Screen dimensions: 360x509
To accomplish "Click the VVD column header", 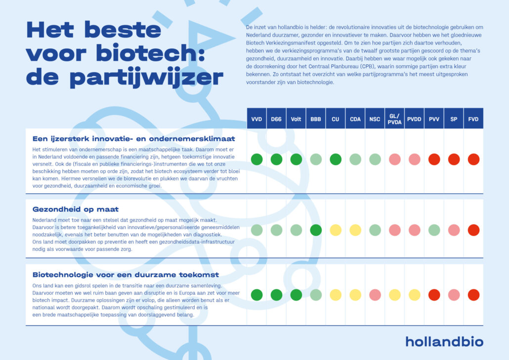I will pyautogui.click(x=256, y=119).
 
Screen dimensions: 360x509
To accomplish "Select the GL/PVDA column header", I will pyautogui.click(x=394, y=119).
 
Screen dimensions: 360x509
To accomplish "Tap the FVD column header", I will pyautogui.click(x=473, y=119).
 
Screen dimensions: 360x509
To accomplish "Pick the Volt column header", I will pyautogui.click(x=296, y=119).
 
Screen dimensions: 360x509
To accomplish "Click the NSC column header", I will pyautogui.click(x=375, y=119).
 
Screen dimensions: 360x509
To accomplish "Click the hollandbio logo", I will pyautogui.click(x=444, y=341).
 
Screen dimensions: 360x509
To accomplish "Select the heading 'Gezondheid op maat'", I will pyautogui.click(x=76, y=209).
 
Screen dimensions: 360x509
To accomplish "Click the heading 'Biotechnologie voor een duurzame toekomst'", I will pyautogui.click(x=126, y=274).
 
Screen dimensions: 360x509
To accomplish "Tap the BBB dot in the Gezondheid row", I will pyautogui.click(x=316, y=230).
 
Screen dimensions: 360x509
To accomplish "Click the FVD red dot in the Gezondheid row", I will pyautogui.click(x=473, y=230).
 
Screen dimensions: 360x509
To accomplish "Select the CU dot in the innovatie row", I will pyautogui.click(x=336, y=159).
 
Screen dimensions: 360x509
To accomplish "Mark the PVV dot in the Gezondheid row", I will pyautogui.click(x=434, y=230).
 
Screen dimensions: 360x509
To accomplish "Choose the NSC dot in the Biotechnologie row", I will pyautogui.click(x=375, y=295).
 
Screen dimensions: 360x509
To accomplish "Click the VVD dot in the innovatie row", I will pyautogui.click(x=256, y=159).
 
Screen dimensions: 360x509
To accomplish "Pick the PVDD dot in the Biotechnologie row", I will pyautogui.click(x=414, y=295).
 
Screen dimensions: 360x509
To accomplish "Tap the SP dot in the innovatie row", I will pyautogui.click(x=454, y=159).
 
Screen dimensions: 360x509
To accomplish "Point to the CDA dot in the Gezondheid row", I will pyautogui.click(x=355, y=230).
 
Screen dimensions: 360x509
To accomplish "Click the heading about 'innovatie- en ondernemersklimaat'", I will pyautogui.click(x=133, y=138).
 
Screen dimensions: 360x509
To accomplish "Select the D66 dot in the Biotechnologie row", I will pyautogui.click(x=276, y=295).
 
